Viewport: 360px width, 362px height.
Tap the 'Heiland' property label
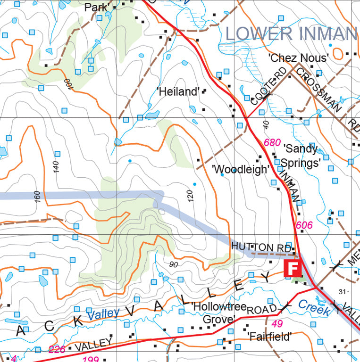[x=178, y=92]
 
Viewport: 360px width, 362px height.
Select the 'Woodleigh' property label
[x=241, y=169]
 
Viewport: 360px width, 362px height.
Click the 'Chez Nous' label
[x=298, y=58]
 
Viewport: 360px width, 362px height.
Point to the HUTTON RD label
[x=252, y=247]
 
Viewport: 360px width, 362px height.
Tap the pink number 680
[x=272, y=142]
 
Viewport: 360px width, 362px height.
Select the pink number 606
[x=304, y=225]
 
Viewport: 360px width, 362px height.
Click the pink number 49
[x=277, y=324]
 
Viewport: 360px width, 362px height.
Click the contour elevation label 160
[x=37, y=197]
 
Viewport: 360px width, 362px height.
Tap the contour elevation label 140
[x=57, y=167]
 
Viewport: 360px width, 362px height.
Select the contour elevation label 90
[x=173, y=265]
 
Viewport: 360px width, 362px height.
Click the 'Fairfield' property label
[x=269, y=337]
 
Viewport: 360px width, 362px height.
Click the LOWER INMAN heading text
[x=291, y=33]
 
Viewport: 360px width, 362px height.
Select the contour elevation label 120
[x=191, y=196]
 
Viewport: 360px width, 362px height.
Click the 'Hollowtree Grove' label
[x=219, y=313]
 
